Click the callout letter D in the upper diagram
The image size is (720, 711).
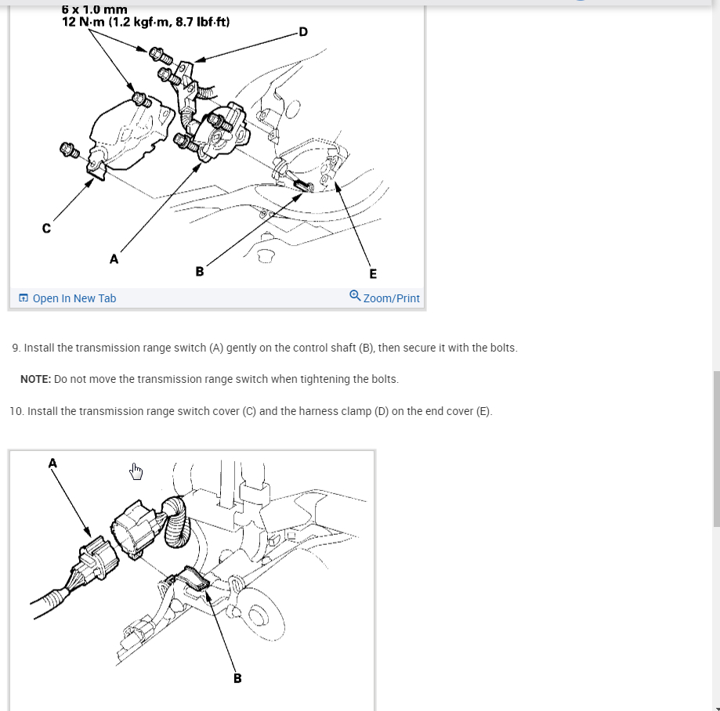point(303,31)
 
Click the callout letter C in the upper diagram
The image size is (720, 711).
point(46,228)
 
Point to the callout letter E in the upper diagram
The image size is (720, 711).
point(373,273)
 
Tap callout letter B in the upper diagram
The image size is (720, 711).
point(199,271)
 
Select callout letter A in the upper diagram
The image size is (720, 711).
point(114,259)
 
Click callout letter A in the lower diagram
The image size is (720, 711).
point(52,463)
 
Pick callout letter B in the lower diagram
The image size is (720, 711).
point(237,678)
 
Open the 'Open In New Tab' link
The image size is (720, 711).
point(74,298)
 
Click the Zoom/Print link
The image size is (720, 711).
point(391,298)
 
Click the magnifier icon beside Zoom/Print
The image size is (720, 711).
point(355,295)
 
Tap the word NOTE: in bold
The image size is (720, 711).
point(36,379)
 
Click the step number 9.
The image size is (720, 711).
point(16,348)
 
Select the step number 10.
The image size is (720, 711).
point(16,411)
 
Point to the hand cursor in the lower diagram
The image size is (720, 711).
point(136,471)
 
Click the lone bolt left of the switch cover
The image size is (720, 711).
point(70,150)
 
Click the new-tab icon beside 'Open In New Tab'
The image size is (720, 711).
point(24,298)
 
